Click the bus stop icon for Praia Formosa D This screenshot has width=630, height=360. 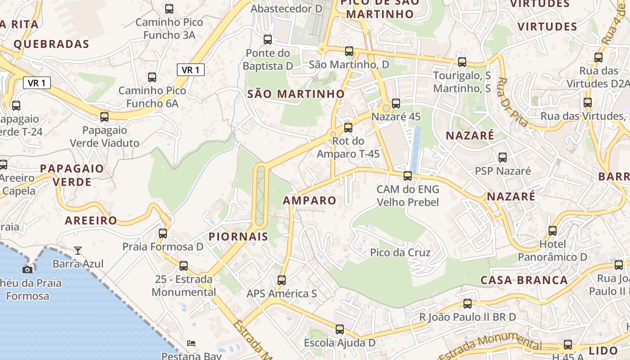[163, 234]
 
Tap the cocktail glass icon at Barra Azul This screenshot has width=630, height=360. [78, 250]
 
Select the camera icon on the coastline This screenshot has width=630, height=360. [27, 269]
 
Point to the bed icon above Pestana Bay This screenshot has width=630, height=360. [191, 343]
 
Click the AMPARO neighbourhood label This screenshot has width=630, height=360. [310, 201]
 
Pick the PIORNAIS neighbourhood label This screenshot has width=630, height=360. [238, 237]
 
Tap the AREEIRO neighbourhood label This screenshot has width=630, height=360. [91, 220]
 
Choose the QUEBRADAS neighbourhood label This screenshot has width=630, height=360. [51, 44]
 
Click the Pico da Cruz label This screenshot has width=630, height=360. [400, 252]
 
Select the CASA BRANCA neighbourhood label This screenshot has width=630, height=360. [524, 280]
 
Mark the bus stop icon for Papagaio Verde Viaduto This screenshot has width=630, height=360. [104, 117]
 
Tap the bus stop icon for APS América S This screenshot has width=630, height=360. [282, 280]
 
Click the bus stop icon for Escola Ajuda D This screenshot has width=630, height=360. [340, 329]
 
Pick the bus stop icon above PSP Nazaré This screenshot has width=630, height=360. [503, 157]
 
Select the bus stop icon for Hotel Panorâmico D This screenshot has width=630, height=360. [553, 231]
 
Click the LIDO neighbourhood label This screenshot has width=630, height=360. [603, 351]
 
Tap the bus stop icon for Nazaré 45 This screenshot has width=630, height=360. [396, 103]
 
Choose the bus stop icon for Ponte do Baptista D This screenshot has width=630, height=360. [268, 40]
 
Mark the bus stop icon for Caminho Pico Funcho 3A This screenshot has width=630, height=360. [169, 9]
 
